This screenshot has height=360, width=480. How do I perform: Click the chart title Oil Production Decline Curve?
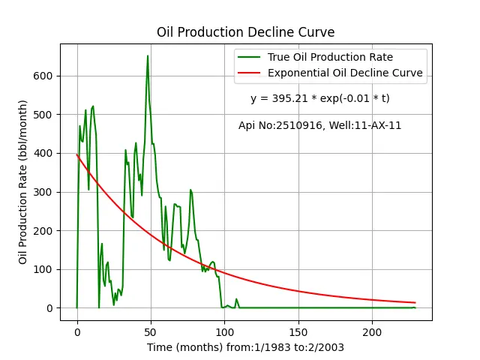[x=245, y=32]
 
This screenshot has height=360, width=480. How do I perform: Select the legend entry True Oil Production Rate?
[x=330, y=57]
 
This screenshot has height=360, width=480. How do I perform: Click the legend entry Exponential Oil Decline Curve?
[x=345, y=73]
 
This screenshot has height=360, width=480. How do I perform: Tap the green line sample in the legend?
[x=249, y=57]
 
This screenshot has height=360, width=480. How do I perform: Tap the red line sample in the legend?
[x=249, y=73]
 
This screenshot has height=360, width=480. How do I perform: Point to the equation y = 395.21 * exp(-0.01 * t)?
[x=320, y=98]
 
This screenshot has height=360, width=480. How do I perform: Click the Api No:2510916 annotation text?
[x=280, y=125]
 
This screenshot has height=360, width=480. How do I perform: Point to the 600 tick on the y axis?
[x=43, y=76]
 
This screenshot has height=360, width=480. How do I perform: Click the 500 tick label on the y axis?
[x=43, y=115]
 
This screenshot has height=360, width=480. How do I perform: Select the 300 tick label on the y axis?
[x=43, y=192]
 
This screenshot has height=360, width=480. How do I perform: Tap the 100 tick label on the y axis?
[x=43, y=269]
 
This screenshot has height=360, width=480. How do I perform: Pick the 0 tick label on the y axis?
[x=50, y=308]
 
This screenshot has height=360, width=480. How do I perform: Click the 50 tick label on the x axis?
[x=151, y=332]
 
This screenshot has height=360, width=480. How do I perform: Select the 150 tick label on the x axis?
[x=298, y=332]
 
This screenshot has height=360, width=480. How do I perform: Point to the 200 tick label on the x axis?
[x=372, y=332]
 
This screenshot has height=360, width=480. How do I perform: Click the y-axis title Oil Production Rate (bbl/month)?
[x=23, y=182]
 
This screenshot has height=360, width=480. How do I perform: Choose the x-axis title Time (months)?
[x=185, y=348]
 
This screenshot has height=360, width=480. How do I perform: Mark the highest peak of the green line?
[x=148, y=55]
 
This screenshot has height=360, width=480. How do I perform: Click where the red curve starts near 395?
[x=76, y=154]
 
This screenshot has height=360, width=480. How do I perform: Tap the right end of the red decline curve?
[x=415, y=303]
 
